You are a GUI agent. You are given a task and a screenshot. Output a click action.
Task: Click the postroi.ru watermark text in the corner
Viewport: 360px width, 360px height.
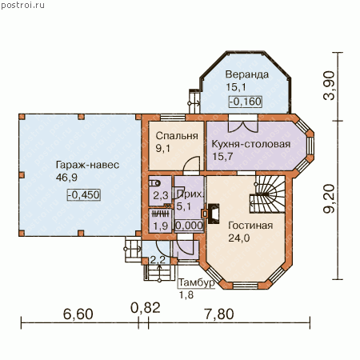tap(22, 6)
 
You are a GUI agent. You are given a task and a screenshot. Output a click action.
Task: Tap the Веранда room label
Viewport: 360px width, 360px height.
tap(247, 74)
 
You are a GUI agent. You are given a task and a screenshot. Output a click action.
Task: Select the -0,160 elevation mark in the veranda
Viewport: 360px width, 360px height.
tap(246, 102)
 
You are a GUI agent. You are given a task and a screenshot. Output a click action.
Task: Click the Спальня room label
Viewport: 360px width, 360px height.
tap(177, 136)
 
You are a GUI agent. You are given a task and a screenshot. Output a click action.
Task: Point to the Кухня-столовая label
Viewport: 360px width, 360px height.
tap(251, 144)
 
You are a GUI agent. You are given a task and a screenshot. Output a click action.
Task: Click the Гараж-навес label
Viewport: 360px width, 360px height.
tap(87, 165)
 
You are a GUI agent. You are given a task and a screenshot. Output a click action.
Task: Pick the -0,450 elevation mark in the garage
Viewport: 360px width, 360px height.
tap(84, 194)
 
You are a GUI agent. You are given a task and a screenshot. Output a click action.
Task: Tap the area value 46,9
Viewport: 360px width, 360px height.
tap(66, 178)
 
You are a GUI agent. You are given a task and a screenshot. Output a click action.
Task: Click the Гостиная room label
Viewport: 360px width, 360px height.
tap(250, 226)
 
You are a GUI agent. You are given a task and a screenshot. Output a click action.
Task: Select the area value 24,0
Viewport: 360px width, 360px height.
tap(239, 238)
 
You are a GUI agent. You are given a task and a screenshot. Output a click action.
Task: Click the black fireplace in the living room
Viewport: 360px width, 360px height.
tap(214, 214)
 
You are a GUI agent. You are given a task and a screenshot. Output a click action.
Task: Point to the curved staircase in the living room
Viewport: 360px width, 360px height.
tap(267, 194)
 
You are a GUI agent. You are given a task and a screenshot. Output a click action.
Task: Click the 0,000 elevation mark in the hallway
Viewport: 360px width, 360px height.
tap(190, 226)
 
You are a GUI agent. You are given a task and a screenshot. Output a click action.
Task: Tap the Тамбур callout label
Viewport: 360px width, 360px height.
tap(197, 282)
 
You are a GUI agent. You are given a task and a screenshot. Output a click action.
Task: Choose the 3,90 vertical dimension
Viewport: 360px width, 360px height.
tap(329, 86)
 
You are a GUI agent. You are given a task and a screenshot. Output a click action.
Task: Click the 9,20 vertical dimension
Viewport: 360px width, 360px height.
tap(329, 198)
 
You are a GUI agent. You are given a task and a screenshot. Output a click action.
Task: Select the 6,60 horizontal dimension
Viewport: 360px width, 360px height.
tap(78, 314)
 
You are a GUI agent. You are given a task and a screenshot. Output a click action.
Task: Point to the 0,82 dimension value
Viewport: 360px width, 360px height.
tap(146, 308)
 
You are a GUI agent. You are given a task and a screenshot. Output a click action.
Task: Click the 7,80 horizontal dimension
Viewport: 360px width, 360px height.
tap(219, 314)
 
